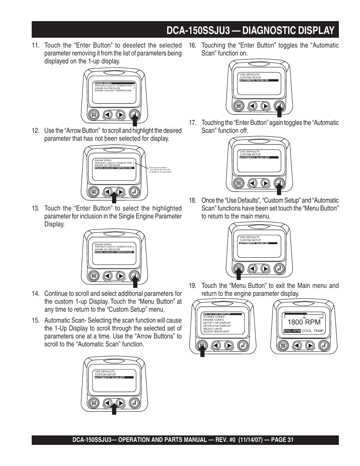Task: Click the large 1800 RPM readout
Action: click(304, 322)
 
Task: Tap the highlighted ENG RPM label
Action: click(292, 331)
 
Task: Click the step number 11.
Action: click(35, 46)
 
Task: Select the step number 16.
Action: click(192, 46)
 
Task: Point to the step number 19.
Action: click(192, 286)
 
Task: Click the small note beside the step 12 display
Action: click(160, 170)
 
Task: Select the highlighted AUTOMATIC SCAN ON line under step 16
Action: click(259, 80)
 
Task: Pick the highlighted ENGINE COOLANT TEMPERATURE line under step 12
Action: click(114, 168)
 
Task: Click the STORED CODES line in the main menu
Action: click(214, 317)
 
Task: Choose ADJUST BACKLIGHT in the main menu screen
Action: click(216, 332)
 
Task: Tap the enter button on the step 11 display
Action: click(134, 114)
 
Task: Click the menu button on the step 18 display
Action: click(238, 269)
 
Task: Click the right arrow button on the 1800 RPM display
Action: click(309, 345)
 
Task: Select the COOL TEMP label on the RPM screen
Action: click(313, 331)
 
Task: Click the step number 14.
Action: click(35, 294)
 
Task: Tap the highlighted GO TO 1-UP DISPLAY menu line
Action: click(217, 314)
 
